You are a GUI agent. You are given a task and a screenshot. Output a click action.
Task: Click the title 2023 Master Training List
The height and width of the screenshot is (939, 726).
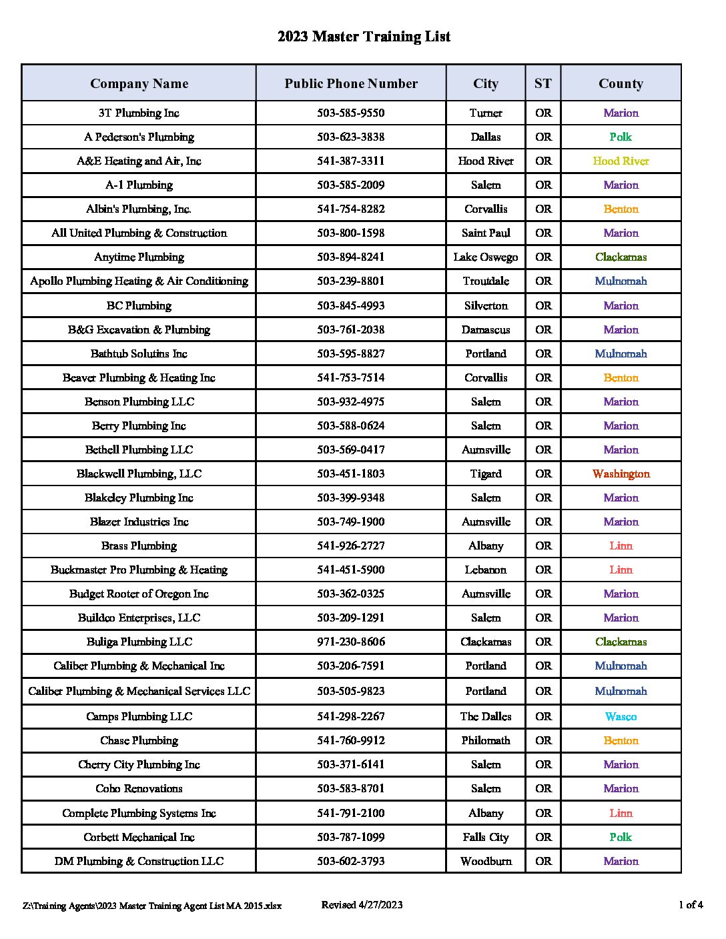[x=364, y=37]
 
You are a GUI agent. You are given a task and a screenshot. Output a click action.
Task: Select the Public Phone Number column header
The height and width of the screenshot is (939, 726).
[x=351, y=83]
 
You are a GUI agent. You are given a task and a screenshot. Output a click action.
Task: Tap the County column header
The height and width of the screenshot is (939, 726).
[x=621, y=83]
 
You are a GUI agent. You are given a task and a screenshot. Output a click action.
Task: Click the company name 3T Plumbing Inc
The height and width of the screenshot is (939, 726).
[x=139, y=113]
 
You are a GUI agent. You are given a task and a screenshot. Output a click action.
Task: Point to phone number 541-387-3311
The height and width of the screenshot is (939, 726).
[x=351, y=161]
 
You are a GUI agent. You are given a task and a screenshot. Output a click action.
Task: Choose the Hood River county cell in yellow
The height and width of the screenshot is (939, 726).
[x=621, y=161]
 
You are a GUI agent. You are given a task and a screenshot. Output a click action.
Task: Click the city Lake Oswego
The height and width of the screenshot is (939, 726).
[x=486, y=257]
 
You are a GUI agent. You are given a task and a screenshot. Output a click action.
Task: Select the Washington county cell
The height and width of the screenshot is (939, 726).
[x=621, y=474]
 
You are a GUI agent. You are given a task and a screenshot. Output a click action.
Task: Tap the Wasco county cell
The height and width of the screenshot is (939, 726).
[x=621, y=716]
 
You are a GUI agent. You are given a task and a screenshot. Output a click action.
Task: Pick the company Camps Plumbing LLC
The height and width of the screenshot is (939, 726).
[x=139, y=716]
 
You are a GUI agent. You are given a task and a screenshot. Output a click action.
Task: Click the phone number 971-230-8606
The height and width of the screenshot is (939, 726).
[x=351, y=642]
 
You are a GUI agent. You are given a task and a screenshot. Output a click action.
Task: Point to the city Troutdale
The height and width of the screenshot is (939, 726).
[x=486, y=281]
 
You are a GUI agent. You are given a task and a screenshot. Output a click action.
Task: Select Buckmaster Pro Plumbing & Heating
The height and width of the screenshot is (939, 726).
[x=139, y=570]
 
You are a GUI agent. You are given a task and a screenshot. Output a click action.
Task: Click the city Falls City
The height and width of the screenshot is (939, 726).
[x=486, y=837]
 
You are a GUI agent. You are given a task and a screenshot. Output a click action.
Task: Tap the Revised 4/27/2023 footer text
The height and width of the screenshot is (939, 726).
[x=362, y=905]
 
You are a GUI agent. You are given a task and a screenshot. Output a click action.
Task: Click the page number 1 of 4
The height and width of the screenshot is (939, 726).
[x=691, y=905]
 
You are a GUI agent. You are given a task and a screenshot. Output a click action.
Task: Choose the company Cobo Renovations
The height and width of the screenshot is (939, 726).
[x=139, y=788]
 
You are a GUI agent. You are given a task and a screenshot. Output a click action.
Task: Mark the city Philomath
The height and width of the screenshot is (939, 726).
[x=486, y=740]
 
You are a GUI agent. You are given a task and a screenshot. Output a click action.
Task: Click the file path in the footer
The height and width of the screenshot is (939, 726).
[x=152, y=906]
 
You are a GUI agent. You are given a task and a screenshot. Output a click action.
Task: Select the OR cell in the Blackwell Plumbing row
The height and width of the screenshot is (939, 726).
[x=543, y=474]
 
